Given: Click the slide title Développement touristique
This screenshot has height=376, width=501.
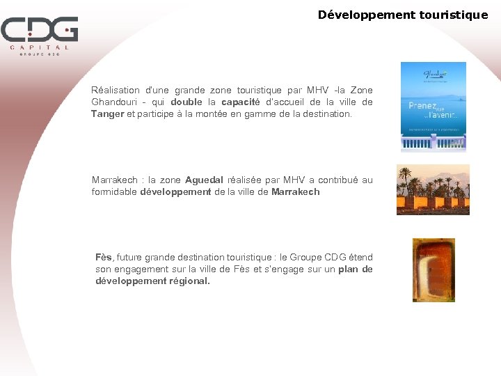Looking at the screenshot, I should (x=403, y=15).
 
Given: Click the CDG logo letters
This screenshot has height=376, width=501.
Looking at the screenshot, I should (x=39, y=30).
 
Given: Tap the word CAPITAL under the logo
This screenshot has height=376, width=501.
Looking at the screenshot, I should (x=40, y=47).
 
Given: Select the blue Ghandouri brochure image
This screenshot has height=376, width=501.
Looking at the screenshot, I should (x=433, y=107).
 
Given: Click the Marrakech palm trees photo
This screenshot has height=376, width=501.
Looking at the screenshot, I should (x=433, y=189).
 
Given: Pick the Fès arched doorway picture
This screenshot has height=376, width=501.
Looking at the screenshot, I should (x=433, y=270).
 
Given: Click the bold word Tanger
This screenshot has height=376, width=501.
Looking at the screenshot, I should (x=108, y=114).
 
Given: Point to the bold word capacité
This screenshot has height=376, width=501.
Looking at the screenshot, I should (x=240, y=102).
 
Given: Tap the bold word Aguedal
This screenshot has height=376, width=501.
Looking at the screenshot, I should (x=204, y=180).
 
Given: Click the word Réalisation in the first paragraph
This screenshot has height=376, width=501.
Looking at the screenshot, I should (x=116, y=91).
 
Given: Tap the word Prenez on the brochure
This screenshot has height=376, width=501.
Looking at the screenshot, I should (x=422, y=106).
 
